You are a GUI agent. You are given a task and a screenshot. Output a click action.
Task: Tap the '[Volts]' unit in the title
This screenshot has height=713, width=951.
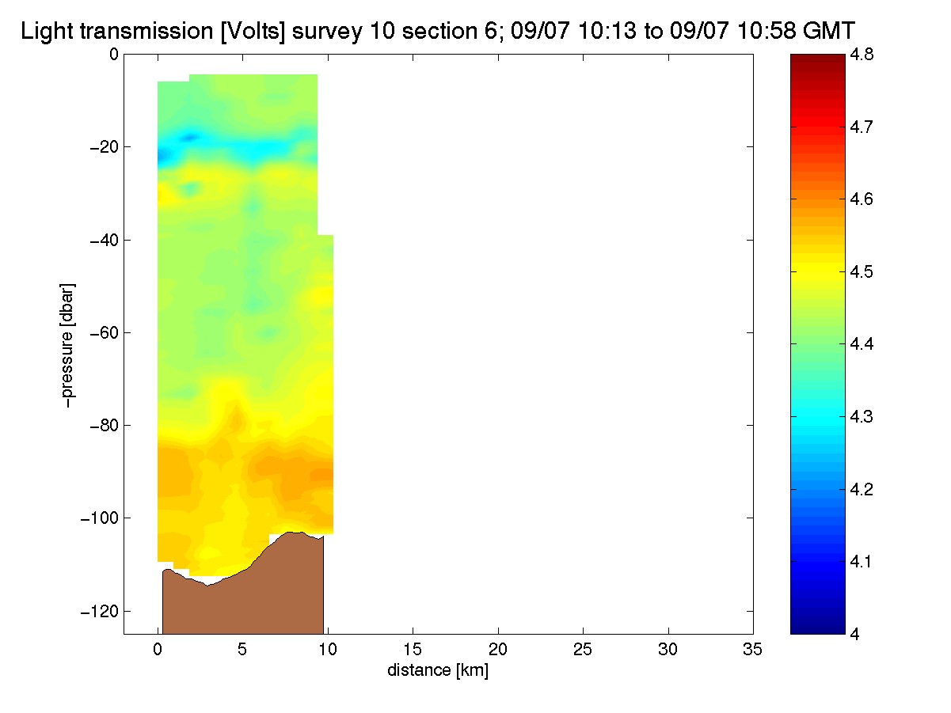click(x=253, y=32)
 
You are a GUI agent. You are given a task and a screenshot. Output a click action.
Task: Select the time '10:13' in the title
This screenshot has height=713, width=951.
click(x=607, y=31)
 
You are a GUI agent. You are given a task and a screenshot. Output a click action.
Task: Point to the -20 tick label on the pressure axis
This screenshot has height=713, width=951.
click(x=104, y=147)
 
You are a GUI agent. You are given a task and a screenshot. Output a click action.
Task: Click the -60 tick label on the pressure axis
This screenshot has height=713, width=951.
click(x=104, y=332)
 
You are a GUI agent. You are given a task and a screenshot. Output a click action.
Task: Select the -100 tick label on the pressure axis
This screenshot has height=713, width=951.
click(x=100, y=518)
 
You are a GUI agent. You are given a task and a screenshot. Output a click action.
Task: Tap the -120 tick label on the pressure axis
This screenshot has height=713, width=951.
click(x=100, y=611)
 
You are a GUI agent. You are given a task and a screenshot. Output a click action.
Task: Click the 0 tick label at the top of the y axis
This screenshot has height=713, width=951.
click(x=114, y=55)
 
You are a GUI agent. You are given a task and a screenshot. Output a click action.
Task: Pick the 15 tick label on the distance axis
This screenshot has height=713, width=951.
click(x=413, y=650)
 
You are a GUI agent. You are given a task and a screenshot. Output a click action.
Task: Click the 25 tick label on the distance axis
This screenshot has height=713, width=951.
click(x=583, y=650)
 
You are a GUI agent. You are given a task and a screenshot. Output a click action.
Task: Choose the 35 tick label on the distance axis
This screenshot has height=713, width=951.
click(x=752, y=650)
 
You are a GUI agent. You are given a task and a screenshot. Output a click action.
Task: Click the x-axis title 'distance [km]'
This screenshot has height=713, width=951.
click(x=438, y=670)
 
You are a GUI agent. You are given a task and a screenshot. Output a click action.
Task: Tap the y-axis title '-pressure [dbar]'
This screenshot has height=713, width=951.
click(x=67, y=345)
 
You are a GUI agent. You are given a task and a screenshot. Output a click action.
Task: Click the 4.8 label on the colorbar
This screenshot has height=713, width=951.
click(x=862, y=55)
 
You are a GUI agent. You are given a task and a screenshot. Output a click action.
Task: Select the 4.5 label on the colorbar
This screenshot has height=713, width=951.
click(x=862, y=272)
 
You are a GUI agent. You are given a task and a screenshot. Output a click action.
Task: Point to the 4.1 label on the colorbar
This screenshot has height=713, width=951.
click(x=862, y=562)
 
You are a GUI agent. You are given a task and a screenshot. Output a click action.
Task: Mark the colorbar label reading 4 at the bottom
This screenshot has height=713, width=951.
click(x=855, y=634)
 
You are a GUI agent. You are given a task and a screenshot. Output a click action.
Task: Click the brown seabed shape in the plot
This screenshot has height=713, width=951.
click(x=243, y=601)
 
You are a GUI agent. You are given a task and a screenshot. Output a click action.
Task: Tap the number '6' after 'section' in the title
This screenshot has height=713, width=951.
click(x=492, y=31)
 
